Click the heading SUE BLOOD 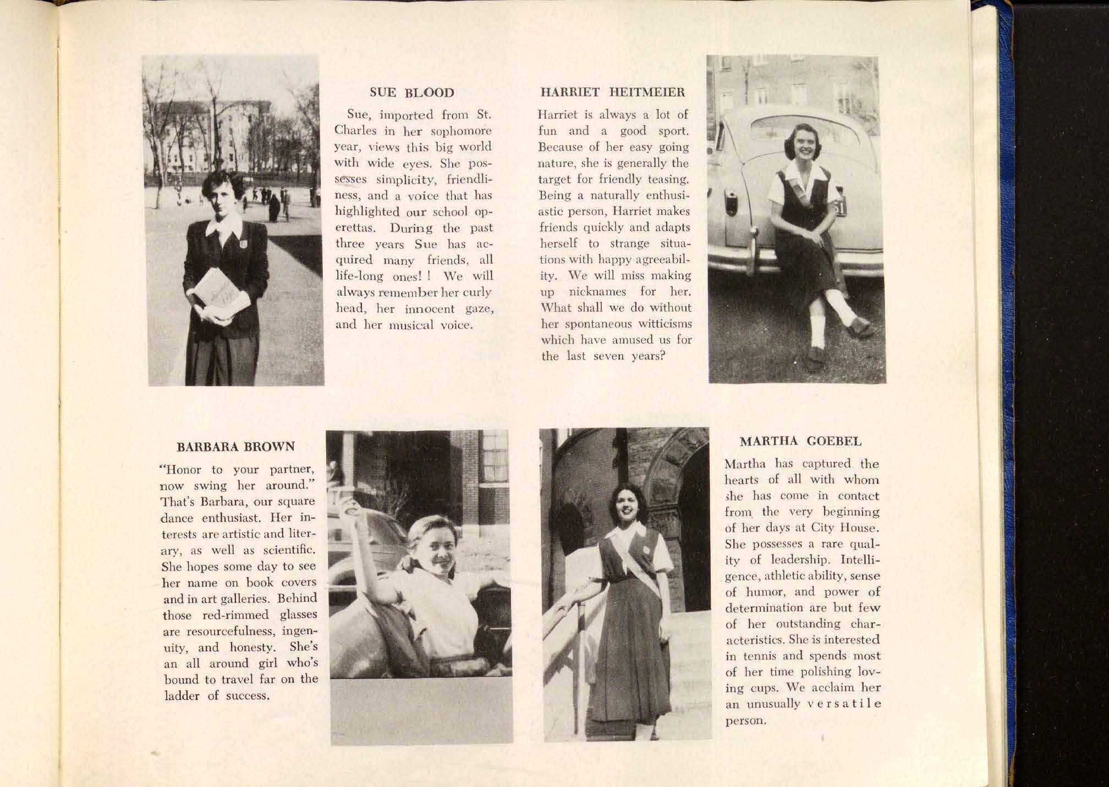412,92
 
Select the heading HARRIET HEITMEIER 613,92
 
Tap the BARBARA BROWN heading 235,446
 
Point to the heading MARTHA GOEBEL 800,441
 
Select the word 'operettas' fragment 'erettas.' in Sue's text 359,228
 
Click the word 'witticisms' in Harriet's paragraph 666,324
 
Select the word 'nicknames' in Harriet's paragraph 596,291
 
